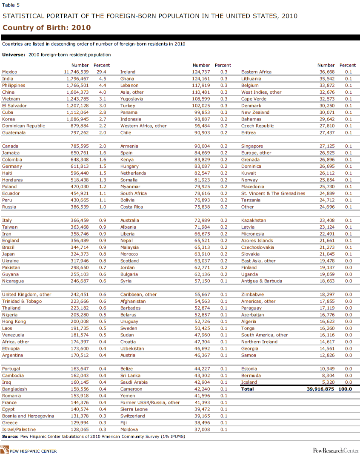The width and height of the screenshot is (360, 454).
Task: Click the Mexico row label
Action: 9,72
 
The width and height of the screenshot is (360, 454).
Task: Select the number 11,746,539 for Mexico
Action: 76,72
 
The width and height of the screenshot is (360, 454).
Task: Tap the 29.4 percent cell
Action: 102,72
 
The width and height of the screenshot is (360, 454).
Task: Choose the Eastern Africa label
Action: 256,72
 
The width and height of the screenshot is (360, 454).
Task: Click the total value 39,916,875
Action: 321,389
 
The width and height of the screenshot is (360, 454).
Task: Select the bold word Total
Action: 247,389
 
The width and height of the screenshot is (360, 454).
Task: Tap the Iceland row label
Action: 249,382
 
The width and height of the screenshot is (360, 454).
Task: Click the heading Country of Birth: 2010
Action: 46,28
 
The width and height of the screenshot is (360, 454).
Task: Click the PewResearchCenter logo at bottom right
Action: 334,450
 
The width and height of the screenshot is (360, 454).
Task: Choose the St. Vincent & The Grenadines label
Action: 273,193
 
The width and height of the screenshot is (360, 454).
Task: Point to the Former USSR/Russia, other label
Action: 150,402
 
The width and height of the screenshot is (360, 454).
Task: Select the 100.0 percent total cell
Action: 345,389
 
